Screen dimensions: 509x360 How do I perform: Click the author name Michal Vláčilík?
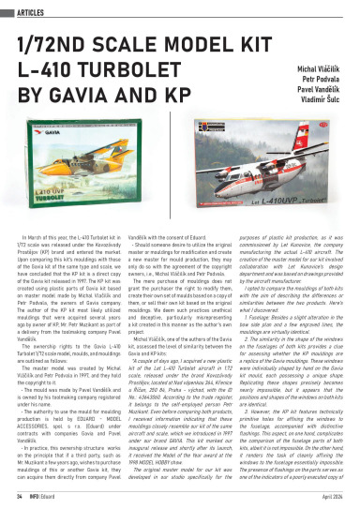pyautogui.click(x=320, y=71)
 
